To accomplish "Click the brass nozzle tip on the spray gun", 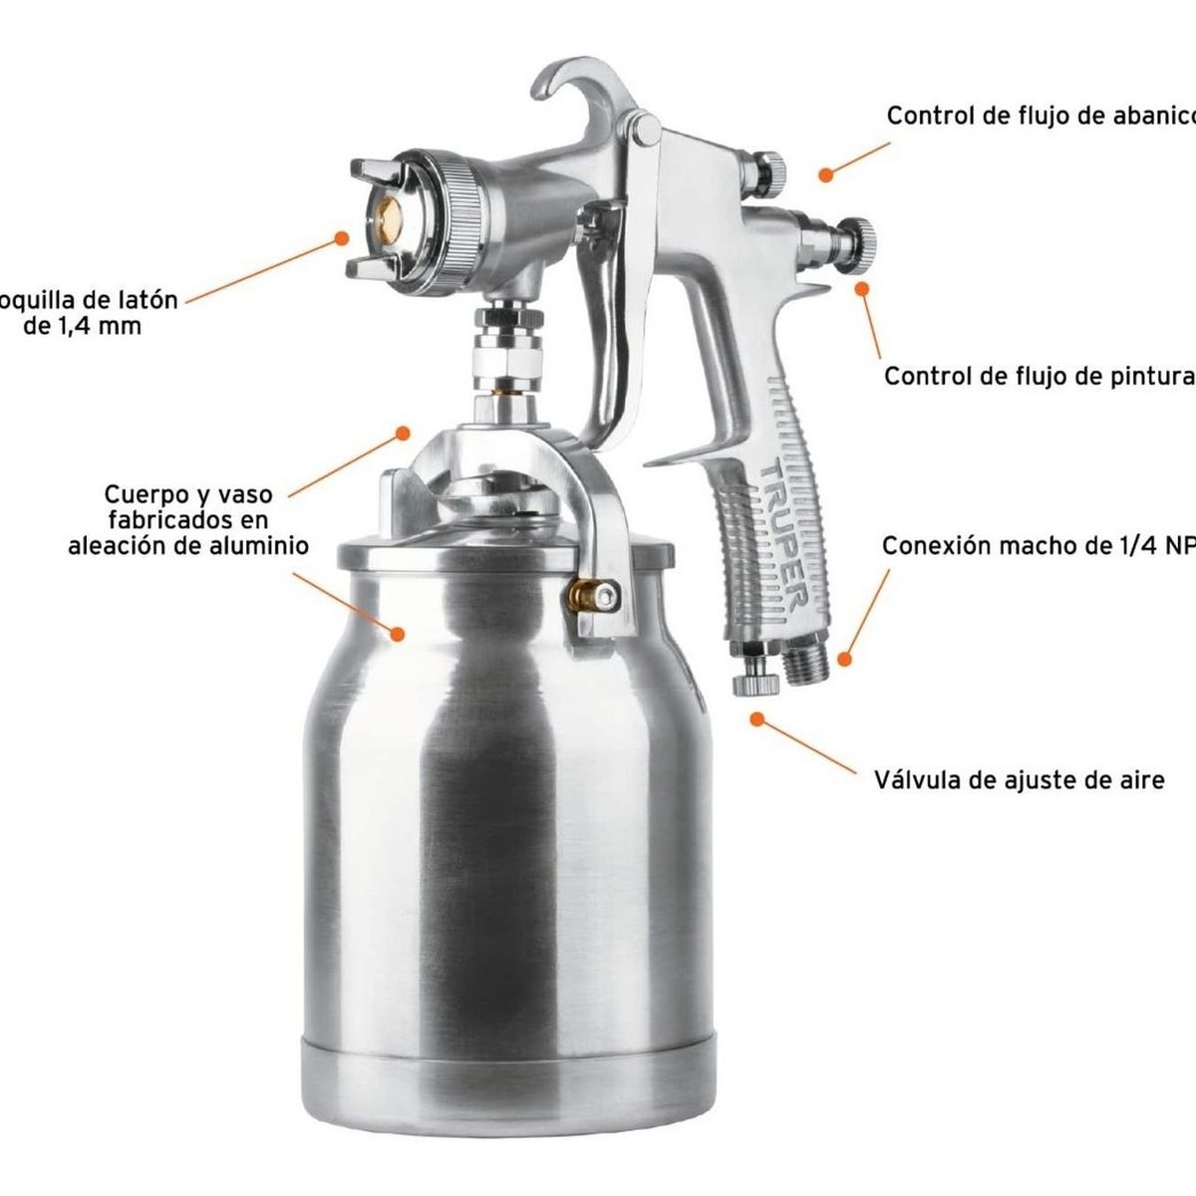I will pyautogui.click(x=385, y=210).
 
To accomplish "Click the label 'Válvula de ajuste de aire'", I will pyautogui.click(x=1019, y=779).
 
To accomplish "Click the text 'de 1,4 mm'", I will pyautogui.click(x=82, y=325).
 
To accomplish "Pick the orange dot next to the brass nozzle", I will pyautogui.click(x=342, y=238).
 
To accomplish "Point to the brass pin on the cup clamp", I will pyautogui.click(x=584, y=595).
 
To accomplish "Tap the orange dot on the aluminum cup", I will pyautogui.click(x=399, y=633).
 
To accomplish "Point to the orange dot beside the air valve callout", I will pyautogui.click(x=758, y=718).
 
